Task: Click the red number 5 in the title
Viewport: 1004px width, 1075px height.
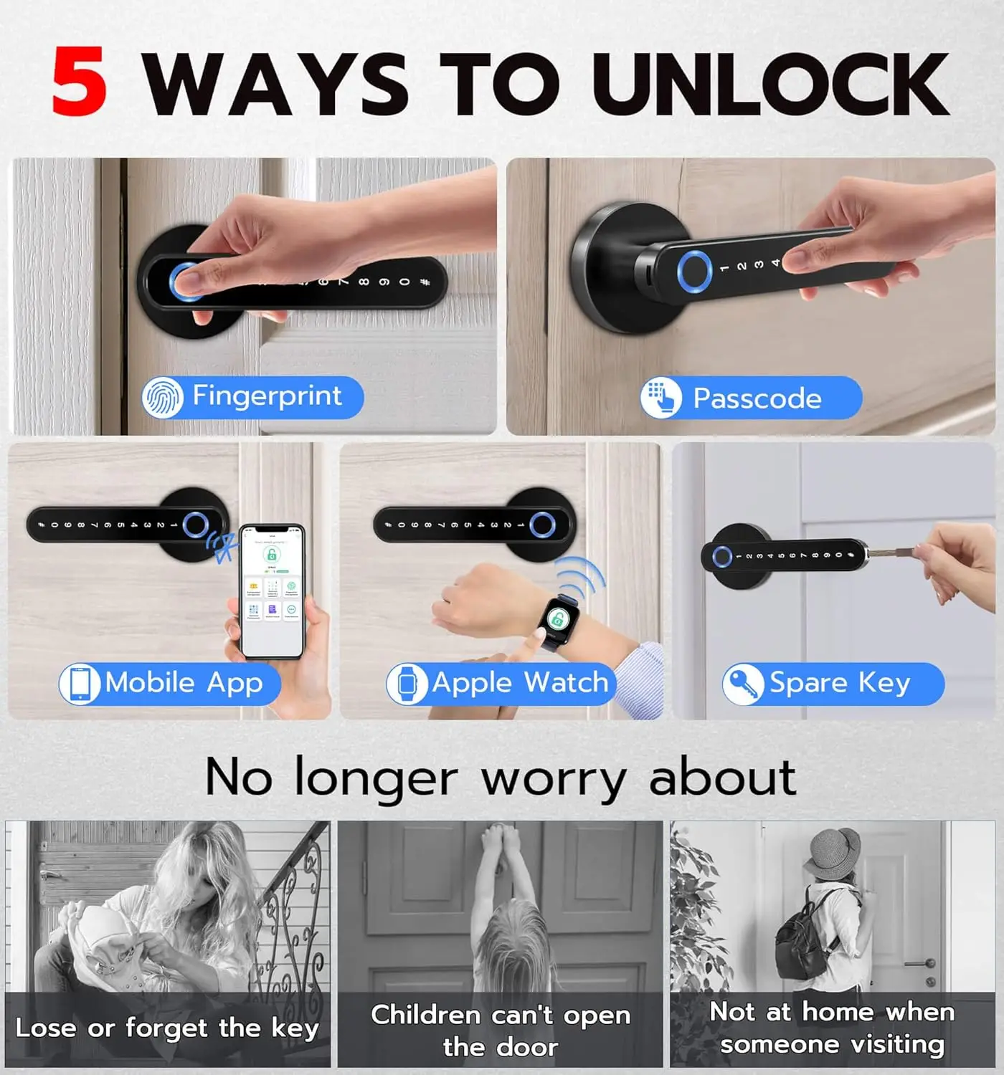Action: (80, 82)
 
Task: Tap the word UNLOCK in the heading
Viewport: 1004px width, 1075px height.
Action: (770, 85)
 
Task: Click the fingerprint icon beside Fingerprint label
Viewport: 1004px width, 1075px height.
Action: (163, 397)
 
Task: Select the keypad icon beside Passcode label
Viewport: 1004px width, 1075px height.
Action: (660, 397)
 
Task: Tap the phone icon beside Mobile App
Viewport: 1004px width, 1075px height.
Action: (80, 683)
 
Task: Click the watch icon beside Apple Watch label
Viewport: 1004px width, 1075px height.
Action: (407, 683)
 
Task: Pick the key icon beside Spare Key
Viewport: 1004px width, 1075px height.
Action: (743, 684)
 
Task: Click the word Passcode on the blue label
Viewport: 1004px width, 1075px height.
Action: (757, 398)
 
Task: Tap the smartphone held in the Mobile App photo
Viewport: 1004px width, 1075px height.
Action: (273, 591)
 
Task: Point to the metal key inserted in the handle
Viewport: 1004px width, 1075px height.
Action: (894, 552)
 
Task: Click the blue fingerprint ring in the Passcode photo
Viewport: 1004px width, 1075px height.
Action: (693, 272)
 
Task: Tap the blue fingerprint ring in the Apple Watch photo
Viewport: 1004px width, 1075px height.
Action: (541, 525)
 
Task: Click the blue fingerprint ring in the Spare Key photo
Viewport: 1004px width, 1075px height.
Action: (721, 557)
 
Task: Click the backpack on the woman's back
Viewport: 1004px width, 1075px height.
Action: (804, 935)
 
